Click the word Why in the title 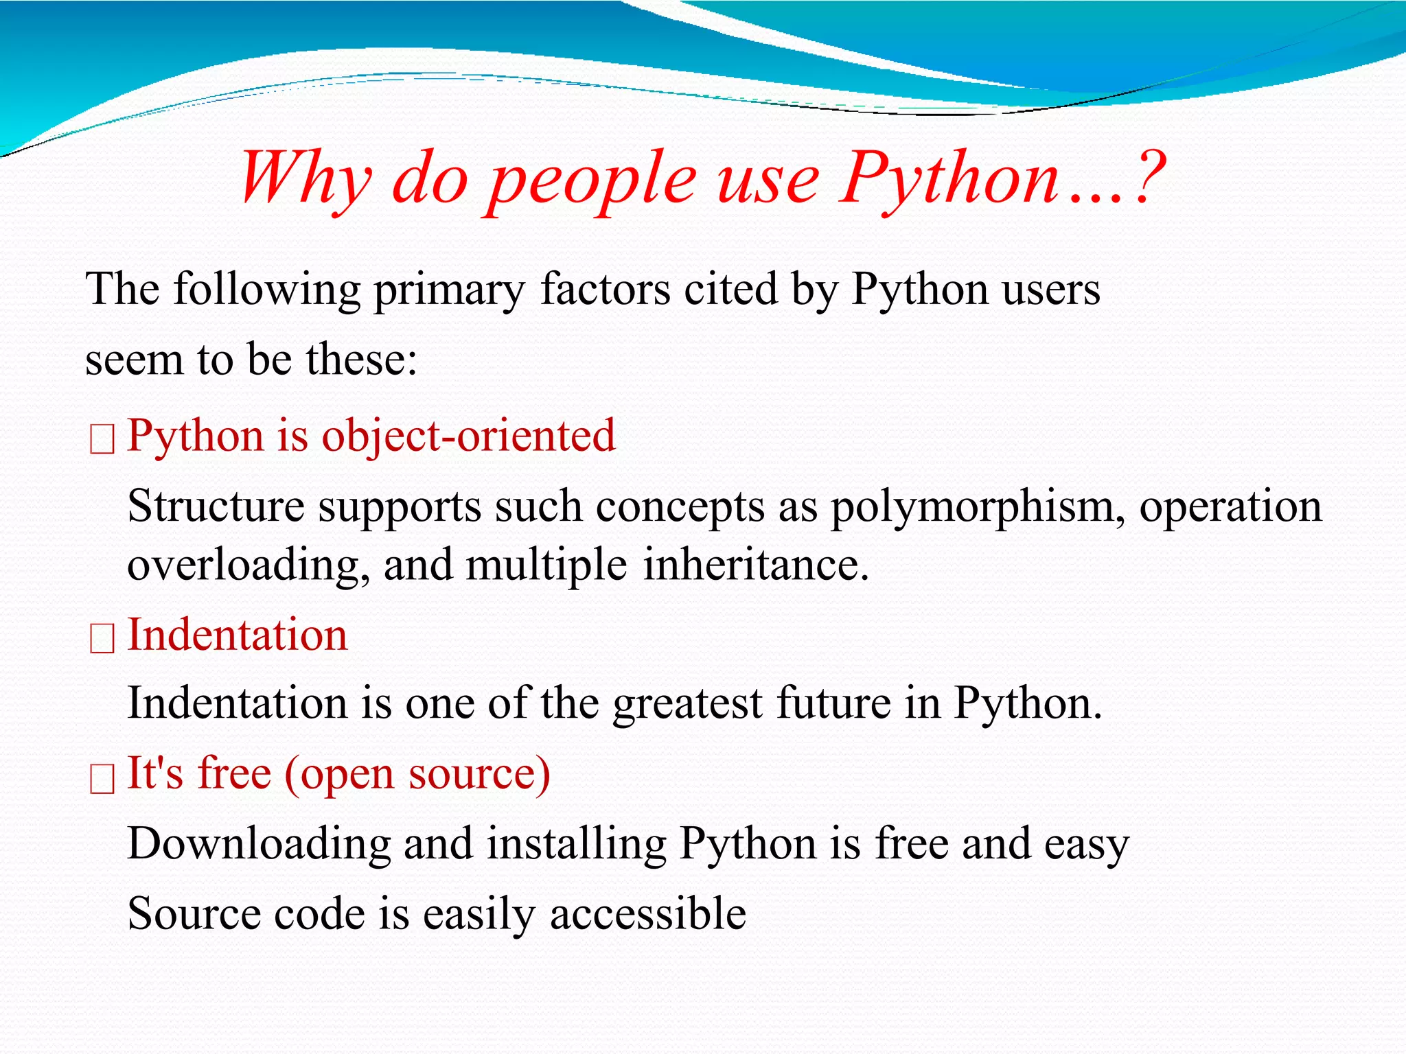[x=306, y=178]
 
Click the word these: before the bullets [x=361, y=360]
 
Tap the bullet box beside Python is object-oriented [x=102, y=440]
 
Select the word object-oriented [x=468, y=436]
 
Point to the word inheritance [x=755, y=565]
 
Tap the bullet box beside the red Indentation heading [x=102, y=639]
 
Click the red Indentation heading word [x=238, y=635]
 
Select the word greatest [x=687, y=705]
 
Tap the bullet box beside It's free [x=102, y=779]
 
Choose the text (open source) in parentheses [x=417, y=775]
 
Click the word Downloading [x=259, y=845]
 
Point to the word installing [x=576, y=845]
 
